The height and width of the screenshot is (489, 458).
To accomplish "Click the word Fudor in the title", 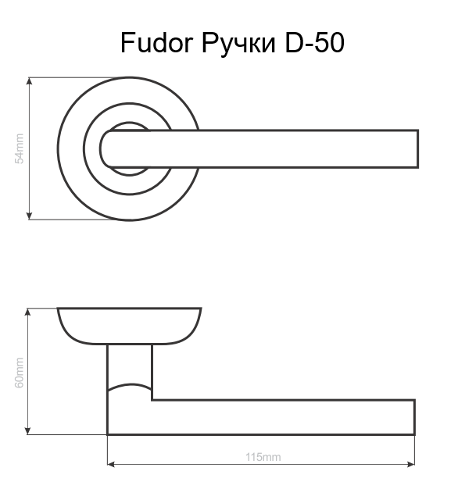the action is tap(156, 42).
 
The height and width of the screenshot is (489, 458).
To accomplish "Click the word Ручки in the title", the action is tap(238, 44).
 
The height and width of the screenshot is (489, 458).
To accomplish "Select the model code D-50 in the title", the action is tap(314, 42).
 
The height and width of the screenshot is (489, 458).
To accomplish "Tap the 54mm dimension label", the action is tap(20, 148).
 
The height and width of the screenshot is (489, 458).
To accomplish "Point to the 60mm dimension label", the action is tap(20, 373).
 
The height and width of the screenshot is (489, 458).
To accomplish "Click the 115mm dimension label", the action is tap(263, 457).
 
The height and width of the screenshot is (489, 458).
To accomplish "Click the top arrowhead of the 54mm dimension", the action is tap(29, 81).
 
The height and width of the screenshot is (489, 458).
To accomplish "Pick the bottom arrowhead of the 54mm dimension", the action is tap(29, 216).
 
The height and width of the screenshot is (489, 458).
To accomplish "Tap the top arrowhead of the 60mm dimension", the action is tap(28, 312).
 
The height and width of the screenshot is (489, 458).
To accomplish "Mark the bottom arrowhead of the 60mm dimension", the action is tap(28, 430).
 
